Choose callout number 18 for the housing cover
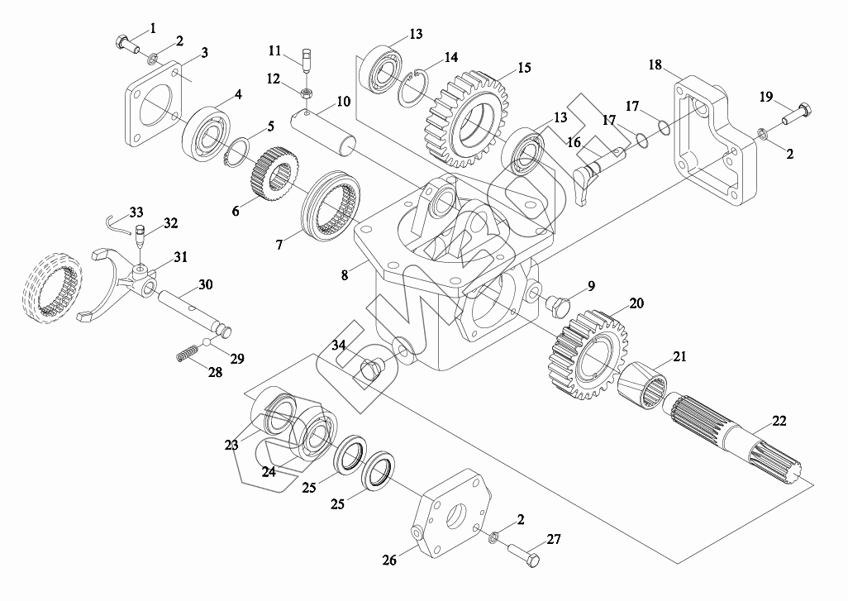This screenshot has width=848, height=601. tap(655, 64)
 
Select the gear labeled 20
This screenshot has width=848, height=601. tap(589, 355)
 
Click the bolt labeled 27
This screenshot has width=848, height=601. tap(524, 556)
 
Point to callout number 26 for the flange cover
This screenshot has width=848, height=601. tap(389, 560)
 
